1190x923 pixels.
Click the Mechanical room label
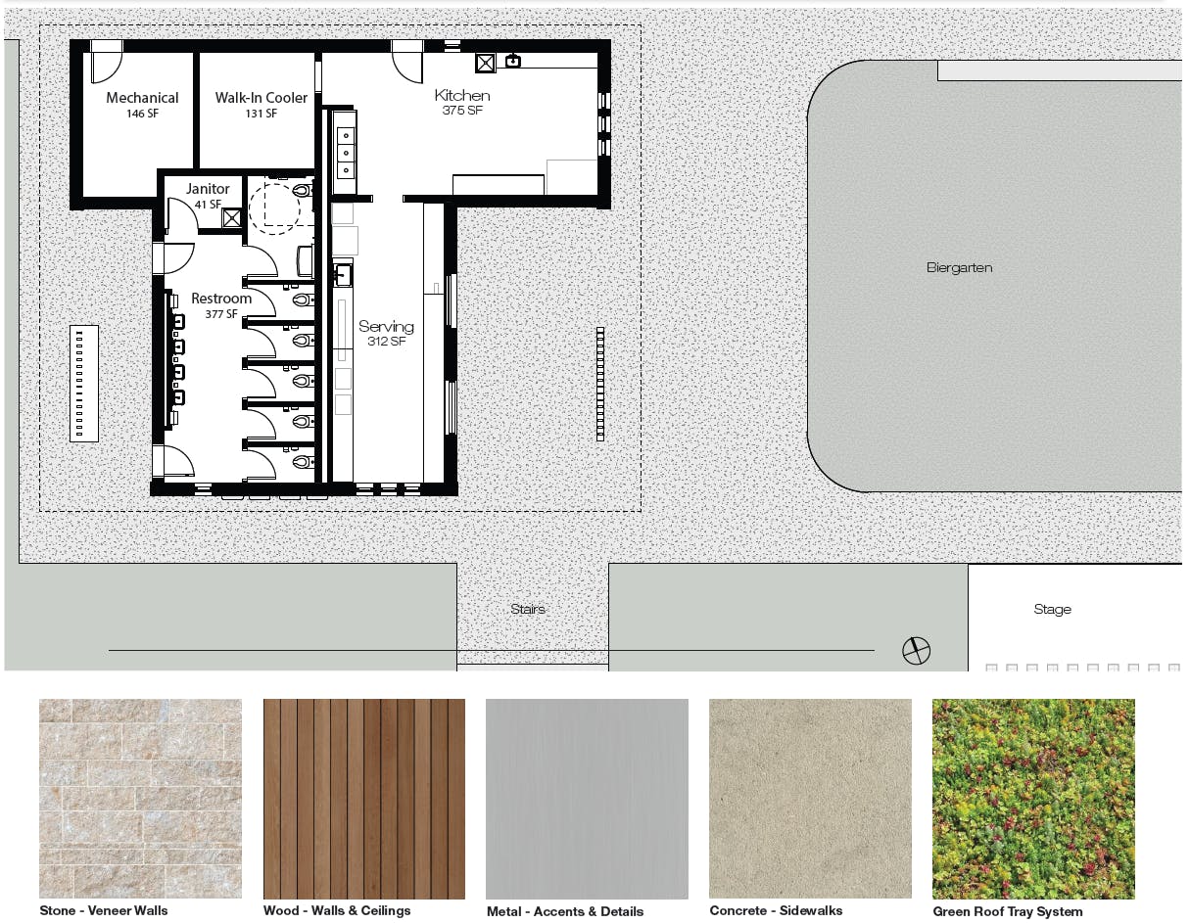click(142, 98)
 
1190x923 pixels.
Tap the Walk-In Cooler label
click(261, 98)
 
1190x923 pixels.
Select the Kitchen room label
click(462, 95)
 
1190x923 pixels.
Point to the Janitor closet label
click(208, 189)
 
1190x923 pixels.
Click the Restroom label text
click(221, 299)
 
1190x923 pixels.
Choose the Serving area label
click(386, 327)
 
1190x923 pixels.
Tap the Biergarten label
click(959, 267)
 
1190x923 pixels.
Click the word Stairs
click(527, 609)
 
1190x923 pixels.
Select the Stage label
click(1052, 609)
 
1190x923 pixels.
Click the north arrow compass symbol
click(916, 650)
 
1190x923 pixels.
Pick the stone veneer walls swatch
click(140, 798)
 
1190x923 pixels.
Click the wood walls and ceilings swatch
click(363, 798)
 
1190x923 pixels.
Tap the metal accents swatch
click(587, 798)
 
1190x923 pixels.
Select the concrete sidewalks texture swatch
click(810, 798)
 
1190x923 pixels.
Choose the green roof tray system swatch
click(1033, 798)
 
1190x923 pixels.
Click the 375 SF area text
click(462, 111)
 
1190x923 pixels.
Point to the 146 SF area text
click(142, 114)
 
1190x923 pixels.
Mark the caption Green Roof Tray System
click(1007, 911)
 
